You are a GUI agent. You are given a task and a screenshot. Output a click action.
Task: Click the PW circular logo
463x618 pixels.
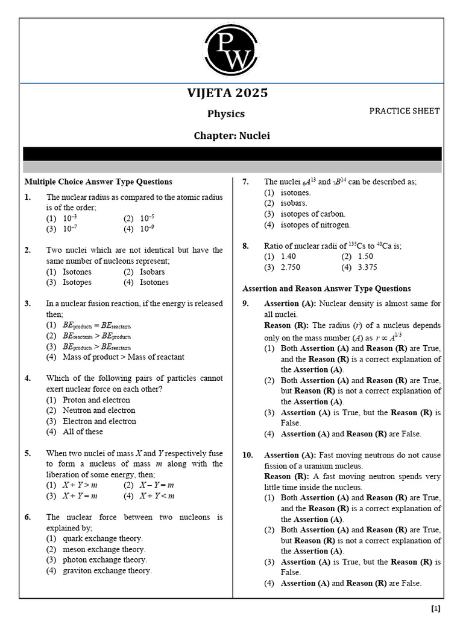[x=232, y=51]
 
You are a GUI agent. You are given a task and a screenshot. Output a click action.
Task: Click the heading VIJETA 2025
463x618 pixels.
[x=228, y=93]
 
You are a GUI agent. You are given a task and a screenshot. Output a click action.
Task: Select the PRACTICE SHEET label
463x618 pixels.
[x=404, y=111]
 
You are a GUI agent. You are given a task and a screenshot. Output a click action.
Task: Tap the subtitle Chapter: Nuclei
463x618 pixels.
[x=231, y=136]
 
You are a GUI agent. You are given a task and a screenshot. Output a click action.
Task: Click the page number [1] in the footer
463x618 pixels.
[x=436, y=608]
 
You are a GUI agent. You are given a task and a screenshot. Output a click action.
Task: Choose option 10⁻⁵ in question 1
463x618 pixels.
[x=147, y=218]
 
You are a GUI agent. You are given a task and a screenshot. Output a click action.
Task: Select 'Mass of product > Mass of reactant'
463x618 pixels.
[x=123, y=357]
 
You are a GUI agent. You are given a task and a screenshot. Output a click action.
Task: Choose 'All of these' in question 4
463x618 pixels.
[x=83, y=432]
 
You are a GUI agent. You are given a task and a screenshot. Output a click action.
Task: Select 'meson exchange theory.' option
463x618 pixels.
[x=104, y=549]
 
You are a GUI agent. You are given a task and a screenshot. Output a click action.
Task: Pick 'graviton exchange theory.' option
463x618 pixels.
[x=107, y=570]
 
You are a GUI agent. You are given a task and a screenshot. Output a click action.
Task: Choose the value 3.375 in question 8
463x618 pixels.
[x=367, y=267]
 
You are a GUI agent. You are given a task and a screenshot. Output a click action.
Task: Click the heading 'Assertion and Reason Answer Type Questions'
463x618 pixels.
[x=326, y=288]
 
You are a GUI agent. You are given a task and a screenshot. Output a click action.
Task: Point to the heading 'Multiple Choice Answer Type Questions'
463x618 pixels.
[x=98, y=182]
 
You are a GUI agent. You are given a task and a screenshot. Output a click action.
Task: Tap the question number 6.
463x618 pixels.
[x=28, y=517]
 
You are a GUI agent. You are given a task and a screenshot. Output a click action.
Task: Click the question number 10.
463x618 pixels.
[x=248, y=455]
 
